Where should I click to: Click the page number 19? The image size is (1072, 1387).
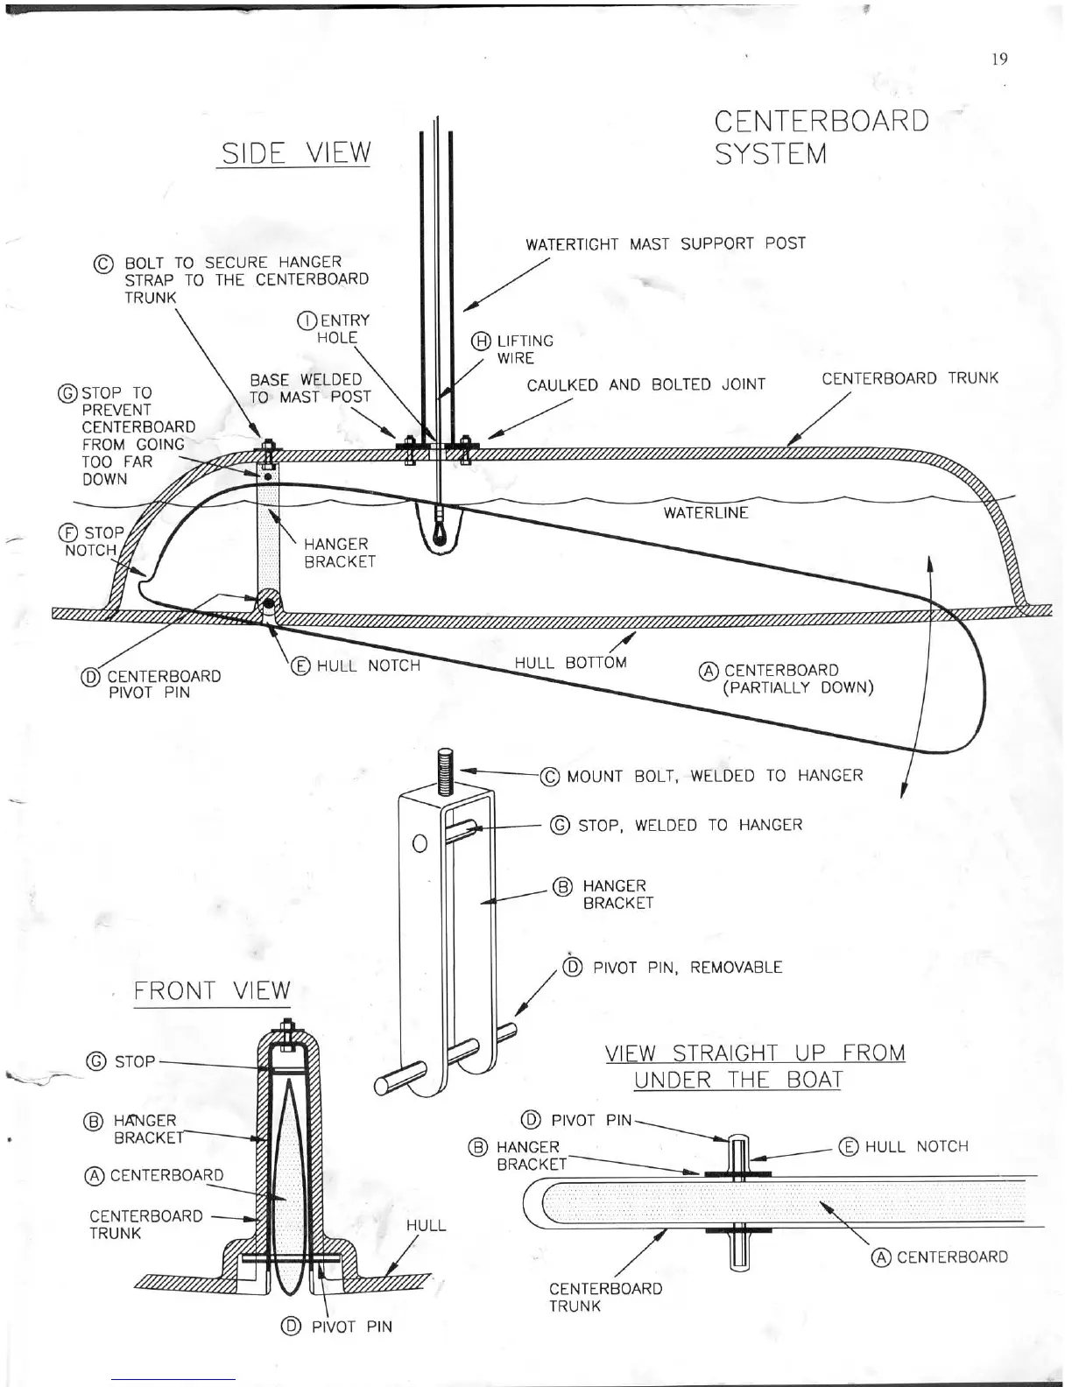1000,59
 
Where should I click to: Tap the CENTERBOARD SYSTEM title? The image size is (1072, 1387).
821,137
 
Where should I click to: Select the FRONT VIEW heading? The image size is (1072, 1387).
211,990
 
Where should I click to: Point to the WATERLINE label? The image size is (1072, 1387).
706,512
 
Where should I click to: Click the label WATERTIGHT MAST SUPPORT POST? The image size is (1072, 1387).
665,243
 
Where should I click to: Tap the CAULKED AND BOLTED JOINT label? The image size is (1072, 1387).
645,385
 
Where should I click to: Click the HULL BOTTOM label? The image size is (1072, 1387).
570,662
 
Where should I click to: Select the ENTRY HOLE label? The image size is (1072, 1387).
335,328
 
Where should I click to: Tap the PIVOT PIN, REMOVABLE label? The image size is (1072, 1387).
673,968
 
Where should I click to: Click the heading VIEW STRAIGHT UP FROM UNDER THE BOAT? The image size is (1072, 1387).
755,1066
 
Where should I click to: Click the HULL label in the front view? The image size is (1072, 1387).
427,1225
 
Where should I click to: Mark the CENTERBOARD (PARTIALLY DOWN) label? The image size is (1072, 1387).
786,679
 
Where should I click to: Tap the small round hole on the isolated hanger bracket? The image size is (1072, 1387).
419,844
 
